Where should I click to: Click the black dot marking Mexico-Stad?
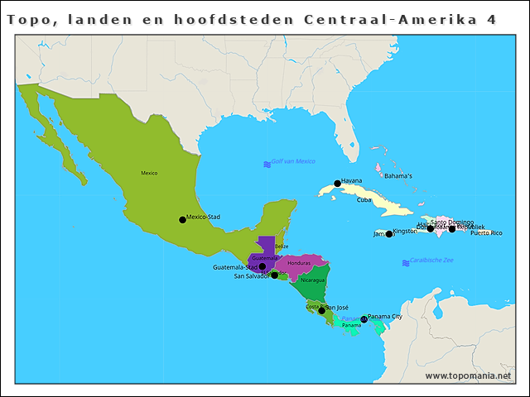182,220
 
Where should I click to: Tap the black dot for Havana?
337,184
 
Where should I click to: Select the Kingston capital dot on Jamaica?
389,234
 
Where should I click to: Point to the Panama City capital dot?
364,319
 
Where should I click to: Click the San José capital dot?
321,310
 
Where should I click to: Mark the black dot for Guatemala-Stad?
262,266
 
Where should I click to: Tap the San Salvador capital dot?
274,275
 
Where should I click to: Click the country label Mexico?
149,173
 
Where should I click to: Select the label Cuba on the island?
364,200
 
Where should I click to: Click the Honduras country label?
299,263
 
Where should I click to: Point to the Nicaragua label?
313,280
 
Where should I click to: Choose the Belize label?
282,246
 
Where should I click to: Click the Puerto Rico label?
486,233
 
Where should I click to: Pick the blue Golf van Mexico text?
294,161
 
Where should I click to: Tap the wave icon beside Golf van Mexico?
267,165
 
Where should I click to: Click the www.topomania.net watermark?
468,376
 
